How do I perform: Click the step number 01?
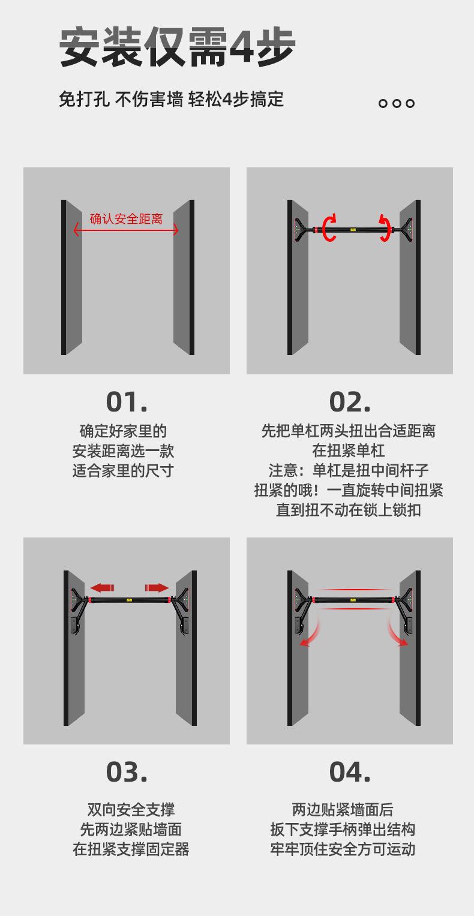point(127,402)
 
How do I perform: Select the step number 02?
point(350,402)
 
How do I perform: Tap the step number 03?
point(127,772)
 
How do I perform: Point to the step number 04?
point(350,772)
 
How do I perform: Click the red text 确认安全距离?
point(127,219)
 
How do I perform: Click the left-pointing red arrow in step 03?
point(102,588)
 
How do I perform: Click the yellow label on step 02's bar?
point(353,230)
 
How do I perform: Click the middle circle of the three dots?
point(396,103)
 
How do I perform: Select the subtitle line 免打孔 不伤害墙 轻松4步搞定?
point(172,99)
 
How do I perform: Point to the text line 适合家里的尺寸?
point(123,470)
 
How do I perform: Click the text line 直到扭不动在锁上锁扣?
point(349,510)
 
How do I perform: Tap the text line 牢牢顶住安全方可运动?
point(343,849)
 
